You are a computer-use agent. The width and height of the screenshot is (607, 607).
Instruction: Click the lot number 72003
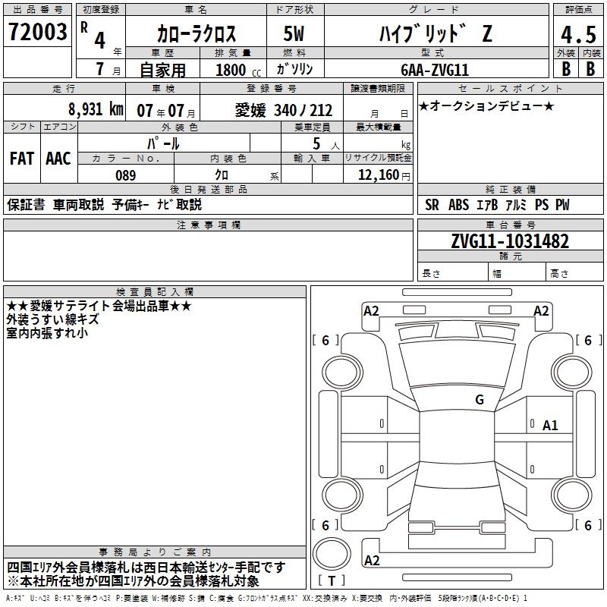(x=37, y=32)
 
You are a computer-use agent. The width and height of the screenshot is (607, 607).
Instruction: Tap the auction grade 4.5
(x=578, y=35)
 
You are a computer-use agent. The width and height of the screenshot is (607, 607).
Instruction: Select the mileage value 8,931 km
(x=96, y=109)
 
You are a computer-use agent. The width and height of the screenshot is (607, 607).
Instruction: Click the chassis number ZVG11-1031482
(x=510, y=241)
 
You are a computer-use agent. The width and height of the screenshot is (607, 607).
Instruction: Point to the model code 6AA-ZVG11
(x=435, y=70)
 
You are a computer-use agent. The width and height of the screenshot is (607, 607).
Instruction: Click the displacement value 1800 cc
(x=238, y=70)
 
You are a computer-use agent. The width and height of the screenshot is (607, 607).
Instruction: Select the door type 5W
(x=294, y=33)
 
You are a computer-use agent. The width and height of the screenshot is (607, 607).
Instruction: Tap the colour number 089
(x=126, y=175)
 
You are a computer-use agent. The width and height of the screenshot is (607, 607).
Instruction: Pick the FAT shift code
(x=22, y=159)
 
